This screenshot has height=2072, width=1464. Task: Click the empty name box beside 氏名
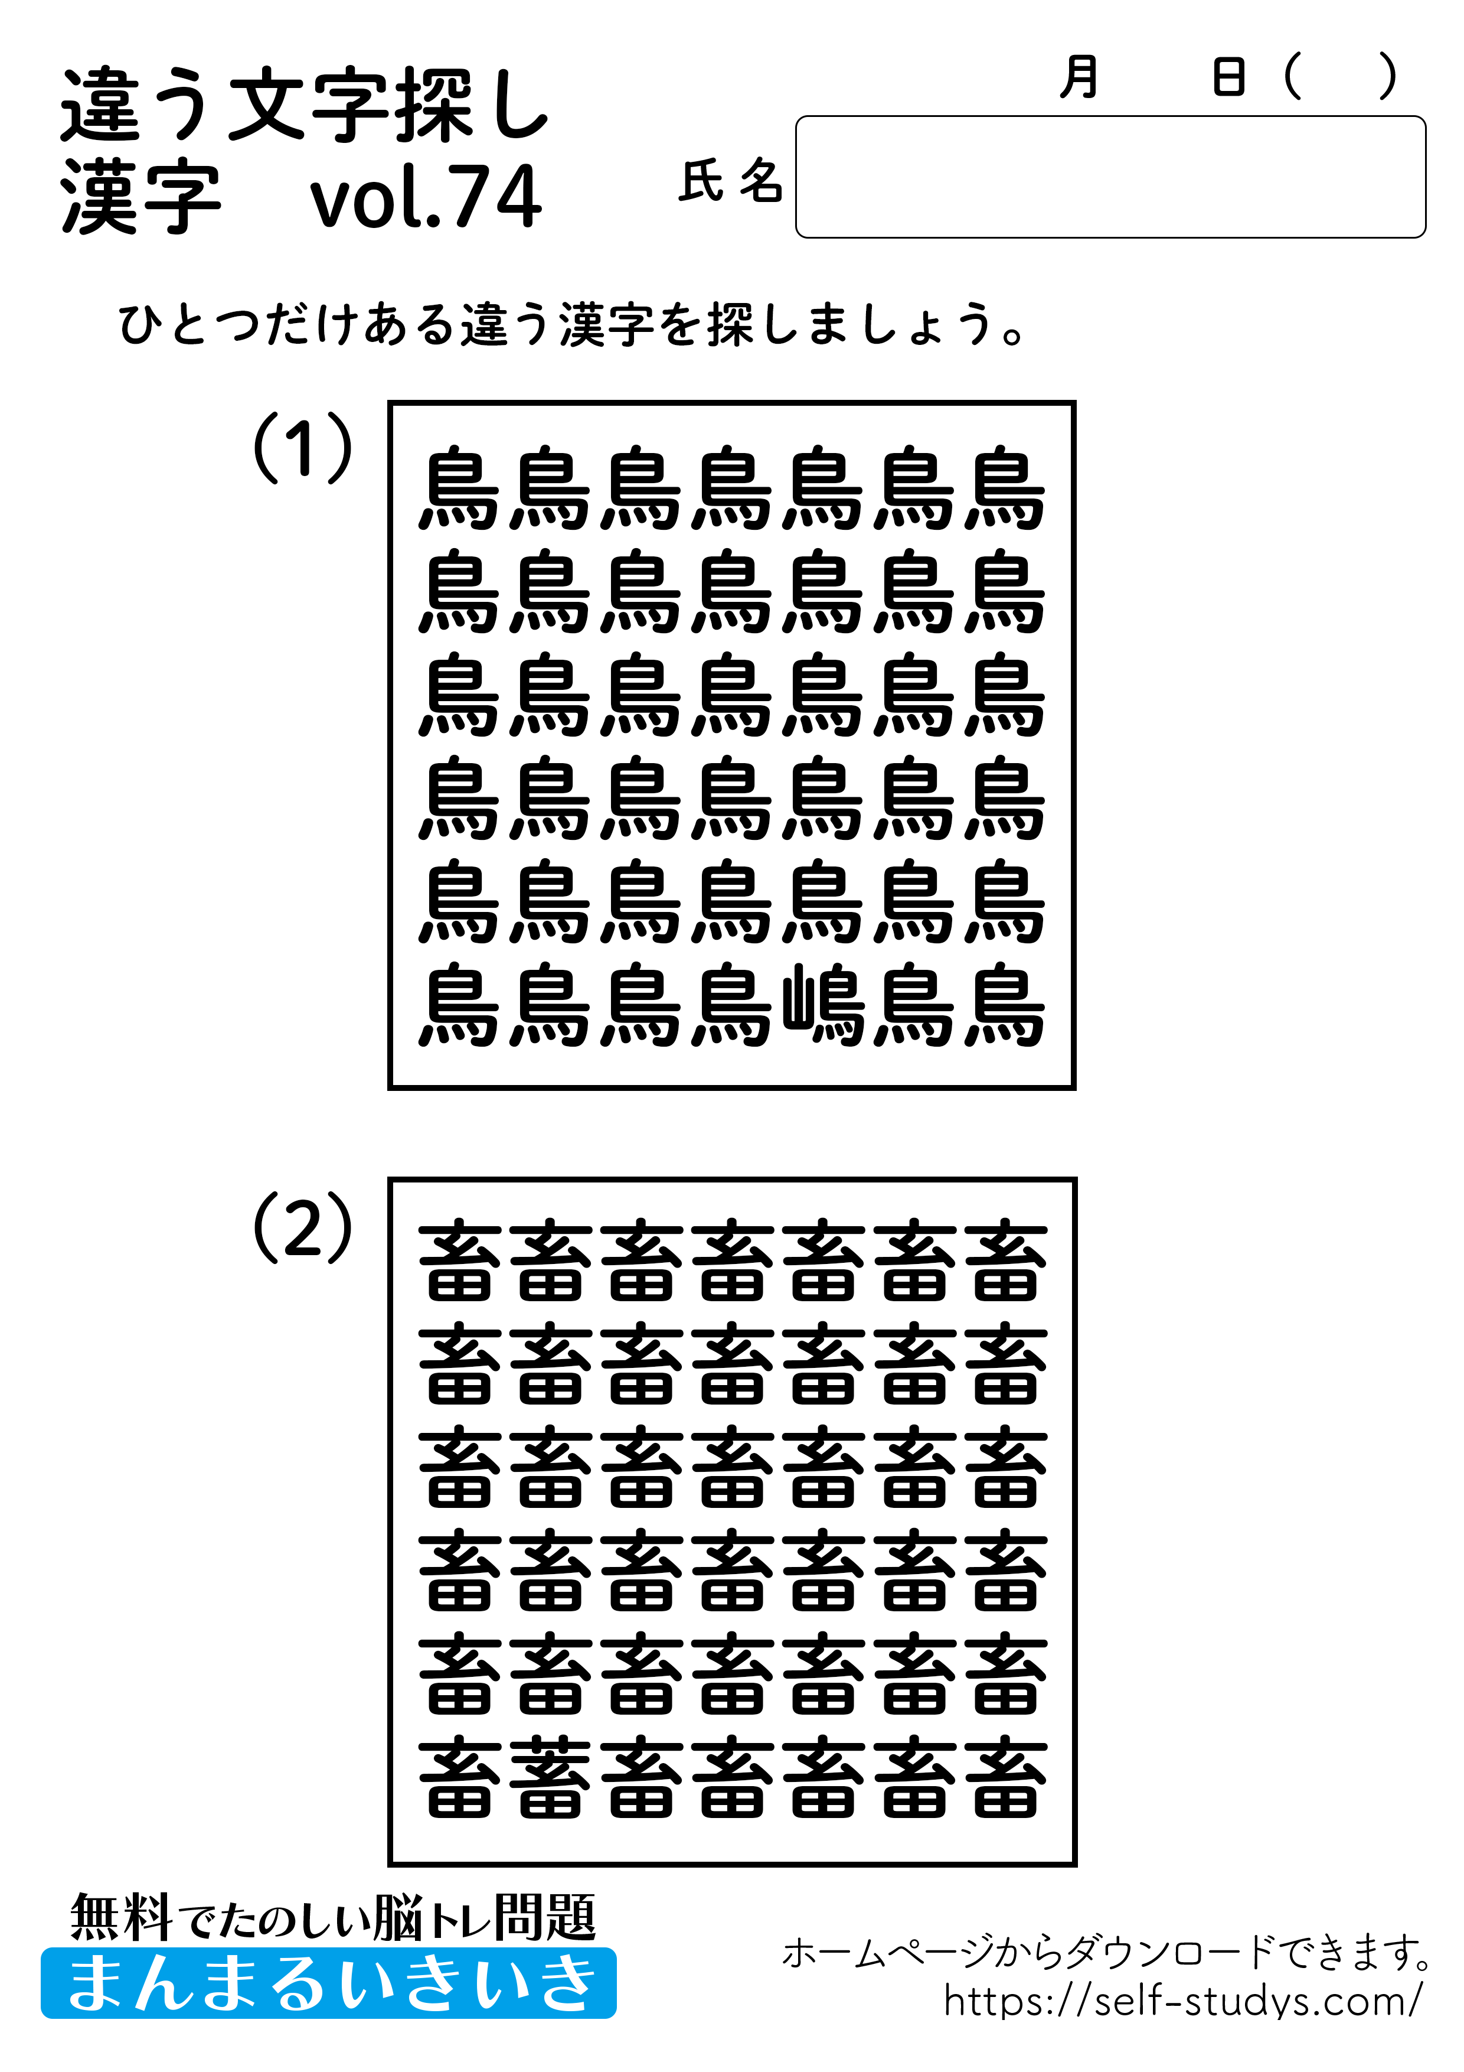[1109, 177]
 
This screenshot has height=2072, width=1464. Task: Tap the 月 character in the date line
[1079, 77]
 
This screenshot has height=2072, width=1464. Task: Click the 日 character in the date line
[1228, 77]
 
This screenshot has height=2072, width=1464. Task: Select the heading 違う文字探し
[304, 106]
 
